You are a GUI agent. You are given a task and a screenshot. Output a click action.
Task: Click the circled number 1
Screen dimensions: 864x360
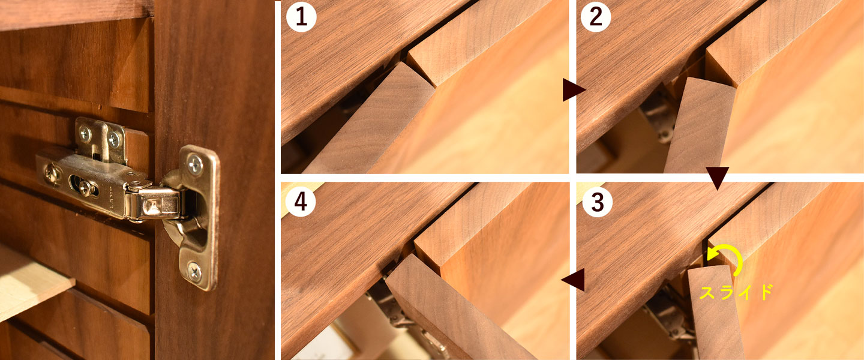pos(301,17)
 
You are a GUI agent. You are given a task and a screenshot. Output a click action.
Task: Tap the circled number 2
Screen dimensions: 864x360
pos(596,17)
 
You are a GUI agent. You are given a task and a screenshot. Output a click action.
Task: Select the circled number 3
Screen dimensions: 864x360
pos(597,202)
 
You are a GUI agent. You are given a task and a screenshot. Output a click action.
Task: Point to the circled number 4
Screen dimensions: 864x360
pos(301,202)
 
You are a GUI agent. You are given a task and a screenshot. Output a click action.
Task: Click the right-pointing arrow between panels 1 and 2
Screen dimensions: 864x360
pos(574,90)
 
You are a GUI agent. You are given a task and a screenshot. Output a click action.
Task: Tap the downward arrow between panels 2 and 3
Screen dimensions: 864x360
pos(717,178)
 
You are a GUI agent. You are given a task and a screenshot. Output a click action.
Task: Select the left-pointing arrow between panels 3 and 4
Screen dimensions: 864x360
pos(574,280)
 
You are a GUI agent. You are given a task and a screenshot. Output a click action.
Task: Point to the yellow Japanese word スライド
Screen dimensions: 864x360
pos(736,292)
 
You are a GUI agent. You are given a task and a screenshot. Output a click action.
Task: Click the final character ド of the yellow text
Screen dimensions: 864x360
pos(764,292)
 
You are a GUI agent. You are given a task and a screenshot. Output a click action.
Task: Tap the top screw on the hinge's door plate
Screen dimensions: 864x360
pos(195,164)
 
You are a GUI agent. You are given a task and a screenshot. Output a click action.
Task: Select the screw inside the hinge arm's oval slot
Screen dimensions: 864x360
pos(85,188)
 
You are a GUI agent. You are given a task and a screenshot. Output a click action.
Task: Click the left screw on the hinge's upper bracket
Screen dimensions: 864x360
pos(85,134)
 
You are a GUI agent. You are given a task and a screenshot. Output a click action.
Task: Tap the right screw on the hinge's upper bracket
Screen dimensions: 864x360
pos(114,139)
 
